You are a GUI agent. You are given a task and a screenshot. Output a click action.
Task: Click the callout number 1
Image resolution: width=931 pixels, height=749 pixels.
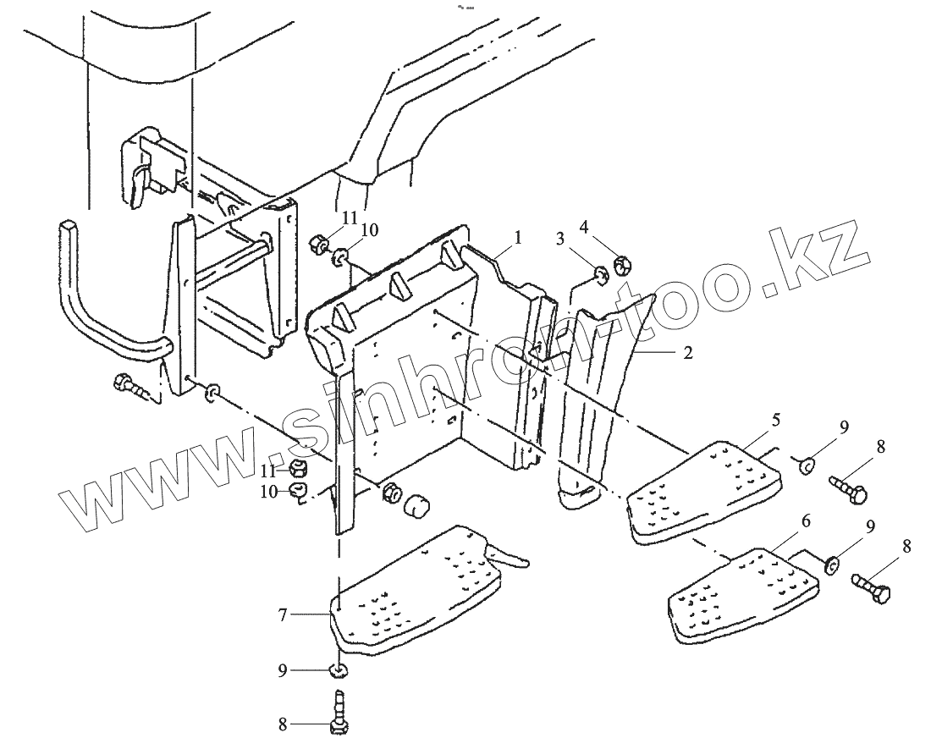click(x=518, y=238)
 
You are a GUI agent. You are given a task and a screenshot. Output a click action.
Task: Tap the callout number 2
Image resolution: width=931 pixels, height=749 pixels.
click(x=687, y=353)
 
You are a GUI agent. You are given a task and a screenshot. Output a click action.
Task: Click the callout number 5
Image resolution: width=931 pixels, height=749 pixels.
click(x=776, y=421)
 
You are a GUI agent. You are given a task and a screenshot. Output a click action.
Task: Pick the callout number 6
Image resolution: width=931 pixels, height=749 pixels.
click(x=806, y=522)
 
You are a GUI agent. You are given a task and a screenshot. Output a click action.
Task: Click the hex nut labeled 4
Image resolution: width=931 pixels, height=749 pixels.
click(x=620, y=264)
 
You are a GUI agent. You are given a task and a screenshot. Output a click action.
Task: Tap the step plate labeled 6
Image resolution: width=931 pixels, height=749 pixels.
click(x=745, y=597)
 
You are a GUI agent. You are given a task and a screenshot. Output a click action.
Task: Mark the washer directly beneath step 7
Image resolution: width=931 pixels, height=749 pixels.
click(x=339, y=671)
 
